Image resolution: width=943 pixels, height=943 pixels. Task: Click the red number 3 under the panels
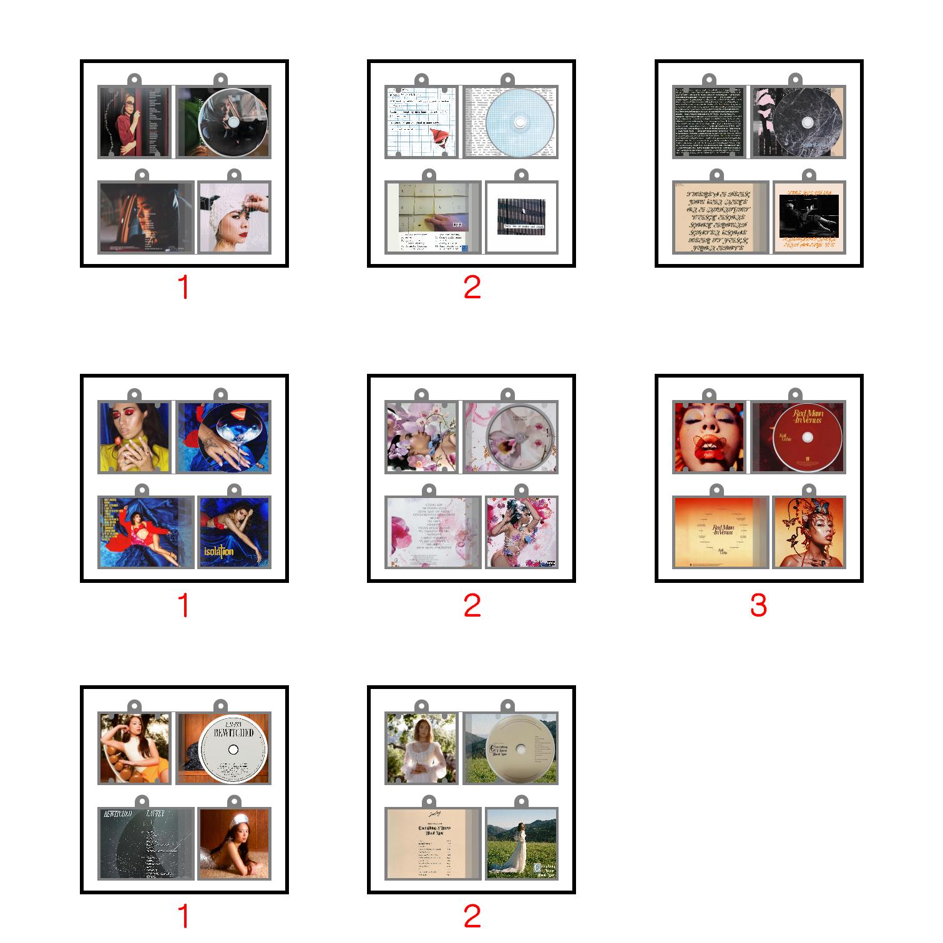(x=758, y=605)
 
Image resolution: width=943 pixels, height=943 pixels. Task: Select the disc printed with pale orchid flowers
(x=520, y=437)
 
